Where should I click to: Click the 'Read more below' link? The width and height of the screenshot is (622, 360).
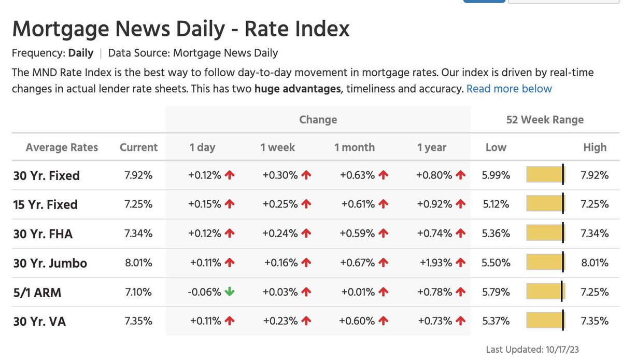(509, 89)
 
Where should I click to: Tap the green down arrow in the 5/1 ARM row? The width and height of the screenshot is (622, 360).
(230, 292)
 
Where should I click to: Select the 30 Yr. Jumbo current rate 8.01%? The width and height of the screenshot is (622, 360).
(138, 263)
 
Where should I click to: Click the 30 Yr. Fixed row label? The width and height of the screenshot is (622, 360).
(47, 176)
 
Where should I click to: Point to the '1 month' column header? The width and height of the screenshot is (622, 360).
(354, 147)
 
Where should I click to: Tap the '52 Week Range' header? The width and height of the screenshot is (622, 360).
(545, 120)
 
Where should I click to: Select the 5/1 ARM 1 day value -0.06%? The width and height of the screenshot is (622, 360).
(204, 292)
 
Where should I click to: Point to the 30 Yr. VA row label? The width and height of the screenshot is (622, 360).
(39, 322)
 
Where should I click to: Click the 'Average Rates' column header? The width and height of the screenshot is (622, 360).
(62, 147)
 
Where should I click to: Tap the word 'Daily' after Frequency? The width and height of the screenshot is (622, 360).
(81, 53)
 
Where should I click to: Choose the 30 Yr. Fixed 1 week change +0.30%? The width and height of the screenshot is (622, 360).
(280, 175)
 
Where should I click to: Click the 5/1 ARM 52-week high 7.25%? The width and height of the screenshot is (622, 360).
(595, 292)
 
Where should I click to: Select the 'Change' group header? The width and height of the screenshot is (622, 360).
(318, 120)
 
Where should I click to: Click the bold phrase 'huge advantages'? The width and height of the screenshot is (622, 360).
(298, 89)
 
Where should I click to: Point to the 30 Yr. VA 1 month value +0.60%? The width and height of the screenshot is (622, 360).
(357, 321)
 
